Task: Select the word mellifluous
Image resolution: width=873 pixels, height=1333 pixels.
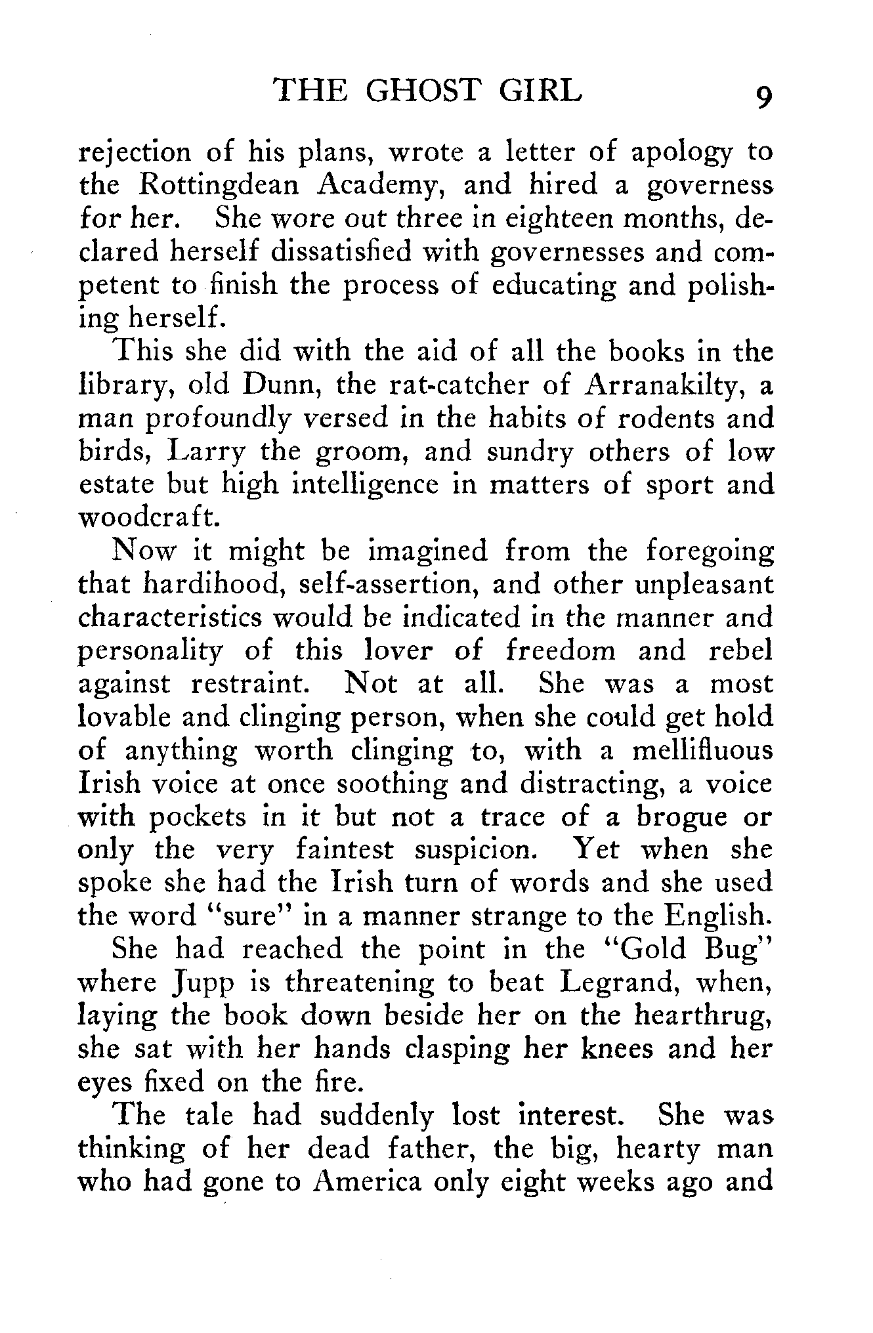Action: point(702,751)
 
